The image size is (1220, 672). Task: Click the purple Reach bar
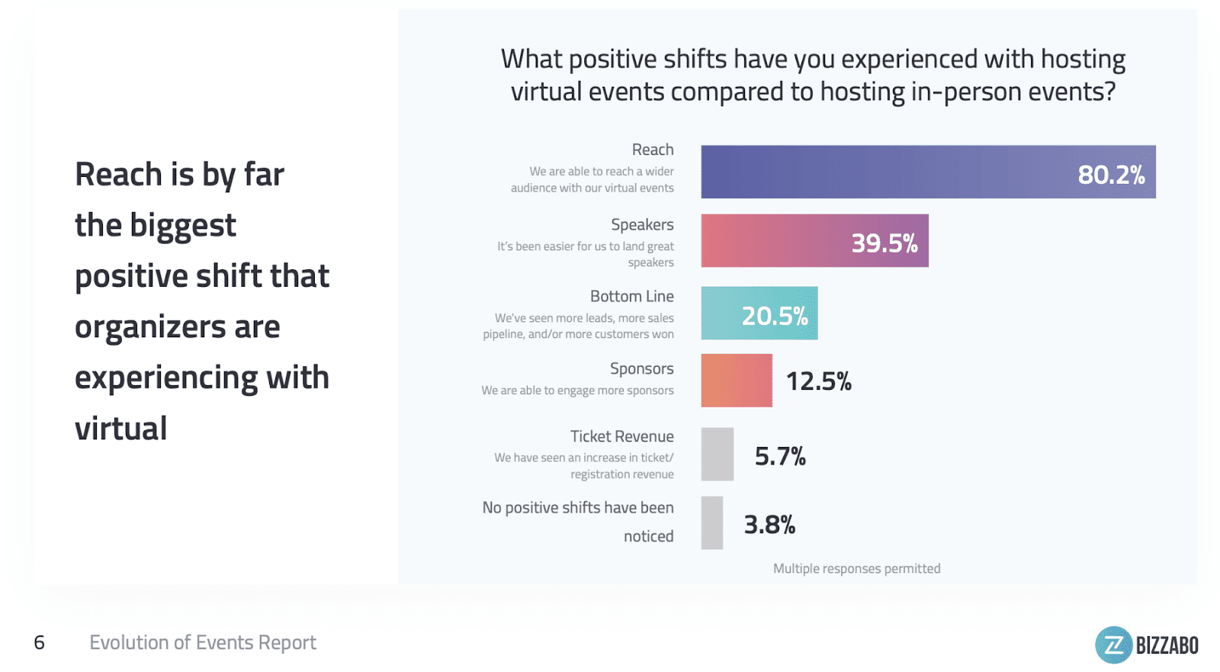click(928, 172)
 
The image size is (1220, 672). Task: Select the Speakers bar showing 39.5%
click(814, 241)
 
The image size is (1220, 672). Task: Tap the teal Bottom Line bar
click(759, 313)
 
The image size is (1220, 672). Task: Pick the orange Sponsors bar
click(737, 380)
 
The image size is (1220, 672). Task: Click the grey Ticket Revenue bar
click(718, 454)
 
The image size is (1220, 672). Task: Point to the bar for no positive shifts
click(712, 523)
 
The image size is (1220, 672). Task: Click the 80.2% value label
click(1111, 175)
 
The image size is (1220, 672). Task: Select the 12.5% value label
click(818, 381)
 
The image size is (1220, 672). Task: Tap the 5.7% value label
click(780, 456)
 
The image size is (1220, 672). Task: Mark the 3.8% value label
click(769, 525)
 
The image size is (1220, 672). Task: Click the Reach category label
click(653, 150)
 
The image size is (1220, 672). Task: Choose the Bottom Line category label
click(632, 296)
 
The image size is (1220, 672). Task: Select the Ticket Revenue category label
click(622, 436)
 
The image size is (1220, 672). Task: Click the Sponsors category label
click(642, 368)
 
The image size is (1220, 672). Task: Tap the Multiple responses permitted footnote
click(856, 568)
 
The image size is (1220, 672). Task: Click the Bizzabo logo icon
click(1114, 645)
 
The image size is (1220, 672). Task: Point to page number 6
click(40, 642)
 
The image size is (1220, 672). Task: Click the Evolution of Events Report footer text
click(203, 642)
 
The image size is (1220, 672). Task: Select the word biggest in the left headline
click(183, 226)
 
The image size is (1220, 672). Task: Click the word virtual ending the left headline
click(120, 429)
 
